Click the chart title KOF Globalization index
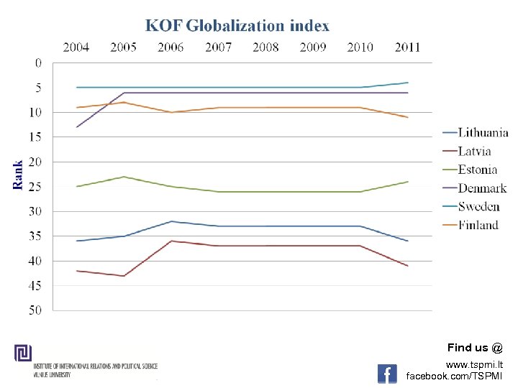point(237,26)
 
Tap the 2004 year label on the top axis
point(76,47)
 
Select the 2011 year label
point(407,47)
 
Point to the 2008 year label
point(265,47)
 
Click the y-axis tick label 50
point(35,310)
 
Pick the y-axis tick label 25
point(35,187)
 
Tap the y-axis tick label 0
point(38,63)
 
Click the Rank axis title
point(19,175)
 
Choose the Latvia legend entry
point(475,151)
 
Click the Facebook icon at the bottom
point(387,374)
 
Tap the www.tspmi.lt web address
point(474,365)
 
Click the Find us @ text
point(475,348)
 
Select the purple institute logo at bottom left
point(23,354)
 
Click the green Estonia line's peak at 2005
point(124,177)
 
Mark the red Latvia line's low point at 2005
point(124,276)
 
